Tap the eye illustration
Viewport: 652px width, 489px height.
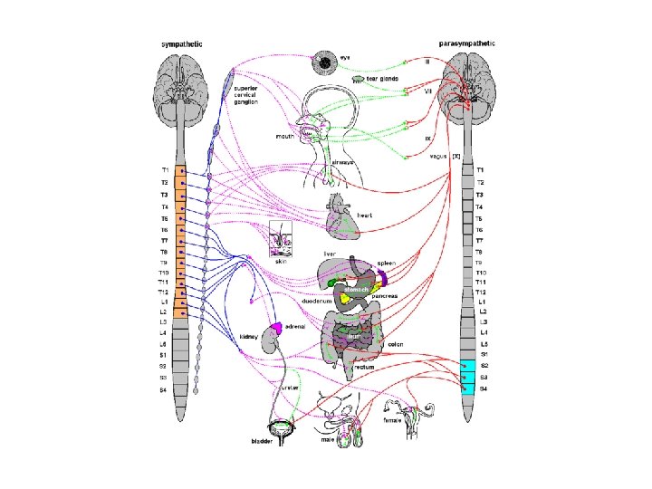(x=323, y=62)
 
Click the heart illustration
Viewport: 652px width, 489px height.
(x=342, y=220)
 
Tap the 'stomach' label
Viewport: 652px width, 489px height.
(x=356, y=289)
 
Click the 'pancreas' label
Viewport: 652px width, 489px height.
(x=384, y=295)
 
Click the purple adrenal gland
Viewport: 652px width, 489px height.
(x=274, y=328)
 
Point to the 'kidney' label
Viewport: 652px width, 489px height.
(x=250, y=337)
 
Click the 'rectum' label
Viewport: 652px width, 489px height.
(x=364, y=367)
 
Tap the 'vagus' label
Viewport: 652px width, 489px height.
(x=437, y=156)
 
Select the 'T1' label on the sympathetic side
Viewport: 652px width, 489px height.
(x=165, y=170)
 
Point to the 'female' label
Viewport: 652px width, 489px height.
(x=394, y=419)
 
